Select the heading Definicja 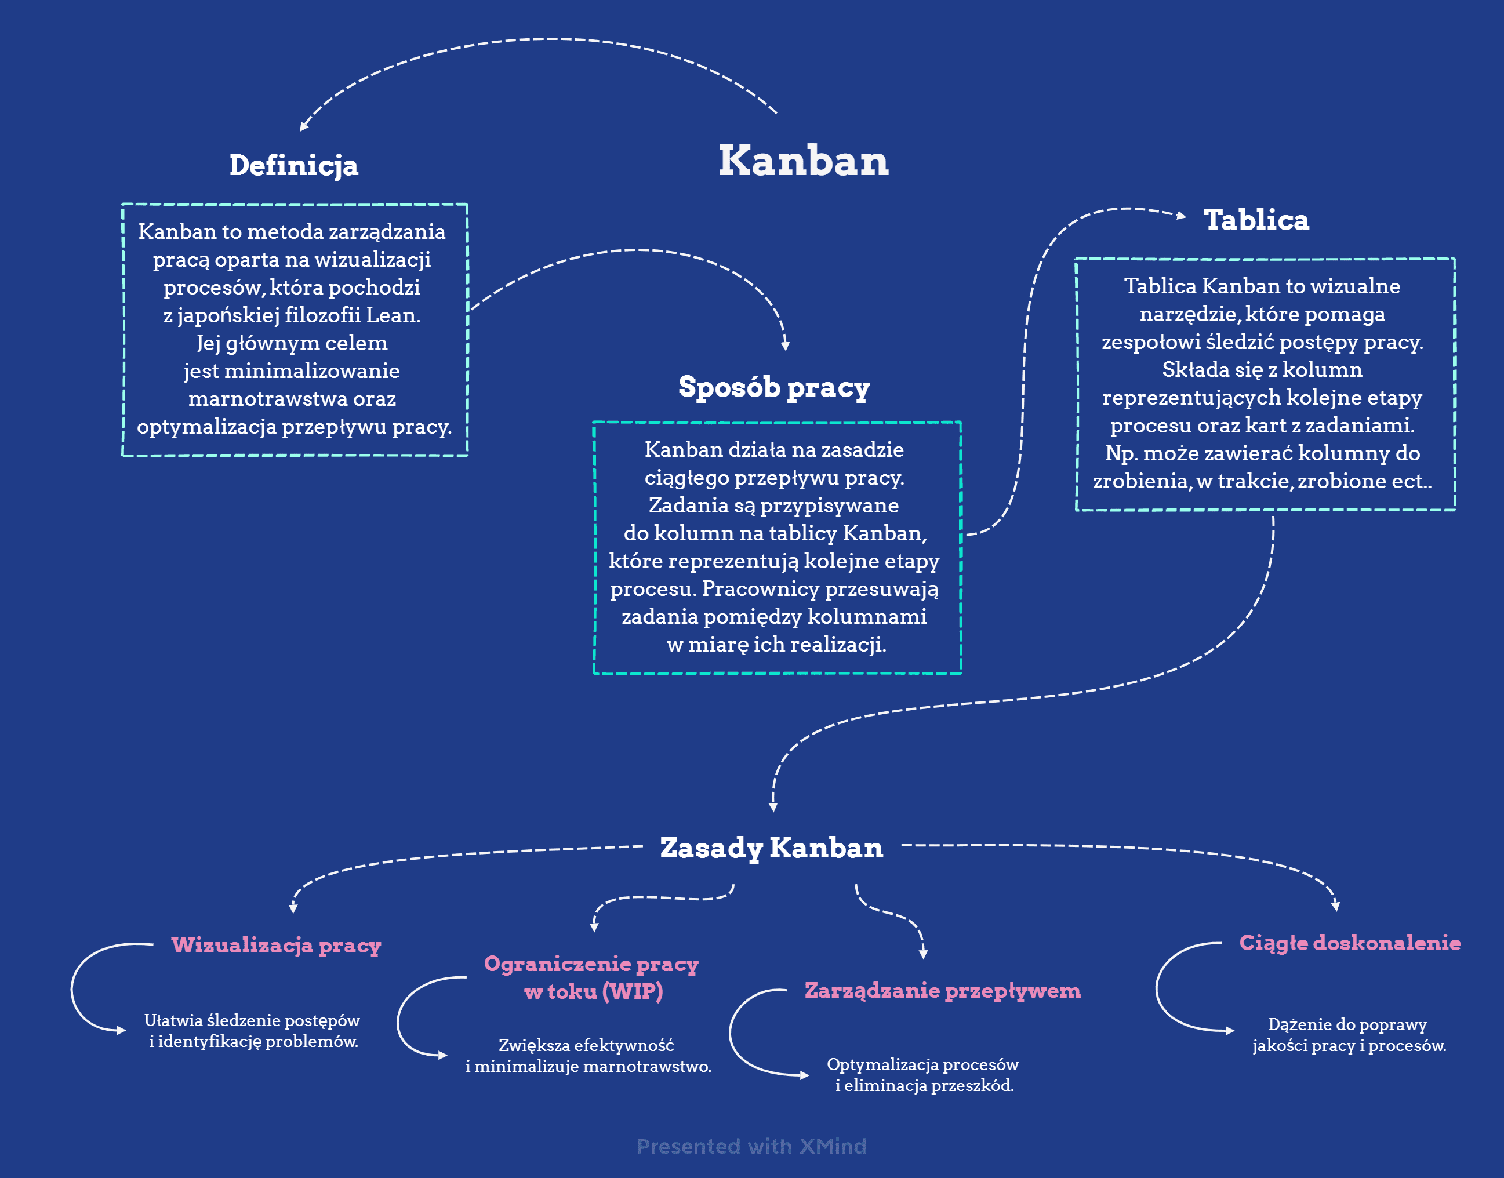tap(294, 166)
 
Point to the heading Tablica tap(1256, 220)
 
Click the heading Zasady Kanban tap(771, 848)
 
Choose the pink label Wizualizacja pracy tap(276, 945)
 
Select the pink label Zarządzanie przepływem tap(943, 991)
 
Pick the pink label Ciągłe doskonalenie tap(1350, 943)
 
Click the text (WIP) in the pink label tap(633, 992)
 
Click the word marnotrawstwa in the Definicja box tap(268, 399)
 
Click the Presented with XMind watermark tap(751, 1146)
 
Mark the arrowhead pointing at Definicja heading tap(303, 126)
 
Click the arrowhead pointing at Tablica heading tap(1180, 215)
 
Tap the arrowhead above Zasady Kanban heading tap(773, 807)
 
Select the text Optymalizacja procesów tap(922, 1064)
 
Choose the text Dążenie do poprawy tap(1347, 1024)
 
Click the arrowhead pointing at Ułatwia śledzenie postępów tap(122, 1030)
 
